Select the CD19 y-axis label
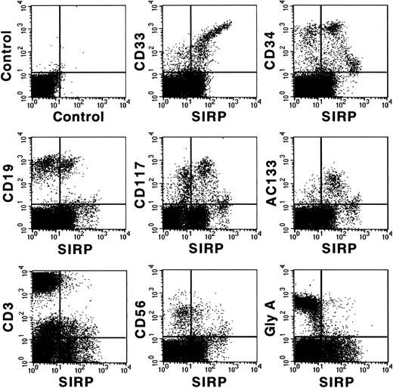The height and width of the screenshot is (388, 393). (13, 181)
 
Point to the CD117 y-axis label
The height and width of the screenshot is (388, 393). (143, 181)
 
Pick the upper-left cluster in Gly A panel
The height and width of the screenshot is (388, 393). (306, 303)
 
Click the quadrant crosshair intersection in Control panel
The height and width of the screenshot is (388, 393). (58, 72)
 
